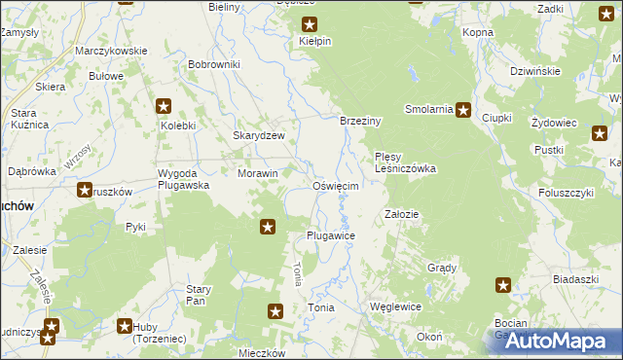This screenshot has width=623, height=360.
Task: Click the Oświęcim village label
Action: pos(336,186)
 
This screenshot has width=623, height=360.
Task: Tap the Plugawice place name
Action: pos(330,236)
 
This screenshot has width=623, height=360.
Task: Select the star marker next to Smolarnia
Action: pos(463,110)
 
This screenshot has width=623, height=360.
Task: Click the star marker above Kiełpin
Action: pos(310,25)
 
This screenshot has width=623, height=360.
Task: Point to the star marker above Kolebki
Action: pos(164,107)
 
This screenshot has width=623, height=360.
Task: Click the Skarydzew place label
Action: pos(258,136)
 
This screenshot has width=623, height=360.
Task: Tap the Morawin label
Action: pos(258,174)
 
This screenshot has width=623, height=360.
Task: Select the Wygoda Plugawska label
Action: pos(183,179)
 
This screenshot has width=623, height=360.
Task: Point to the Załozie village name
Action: pos(402,214)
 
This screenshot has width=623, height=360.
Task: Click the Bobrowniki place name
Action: pos(214,64)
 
